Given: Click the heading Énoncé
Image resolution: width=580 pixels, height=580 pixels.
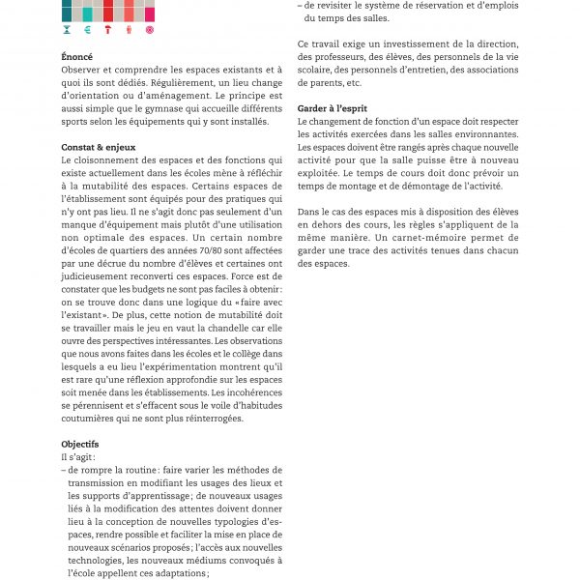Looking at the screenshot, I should (x=77, y=57).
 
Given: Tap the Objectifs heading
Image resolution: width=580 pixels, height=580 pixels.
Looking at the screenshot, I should (x=81, y=444).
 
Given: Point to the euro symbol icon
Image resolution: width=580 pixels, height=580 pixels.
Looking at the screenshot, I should (x=87, y=30).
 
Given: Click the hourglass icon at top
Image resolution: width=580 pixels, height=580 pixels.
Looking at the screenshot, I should (x=67, y=30).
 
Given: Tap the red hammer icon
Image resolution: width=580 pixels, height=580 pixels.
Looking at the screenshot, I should (x=107, y=30).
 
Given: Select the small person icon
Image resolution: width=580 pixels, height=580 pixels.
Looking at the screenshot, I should (x=129, y=30).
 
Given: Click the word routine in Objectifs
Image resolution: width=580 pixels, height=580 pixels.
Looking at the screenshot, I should (x=141, y=470).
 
